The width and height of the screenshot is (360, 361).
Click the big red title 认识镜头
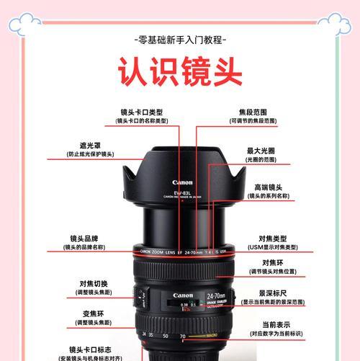[180, 73]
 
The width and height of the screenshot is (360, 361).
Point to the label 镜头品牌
[84, 239]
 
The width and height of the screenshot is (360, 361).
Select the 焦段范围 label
[253, 112]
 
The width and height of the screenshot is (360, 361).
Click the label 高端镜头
[267, 187]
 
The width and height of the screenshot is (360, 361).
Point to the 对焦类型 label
[273, 239]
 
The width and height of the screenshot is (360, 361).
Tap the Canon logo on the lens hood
[183, 183]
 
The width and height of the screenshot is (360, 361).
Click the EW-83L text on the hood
[183, 191]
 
